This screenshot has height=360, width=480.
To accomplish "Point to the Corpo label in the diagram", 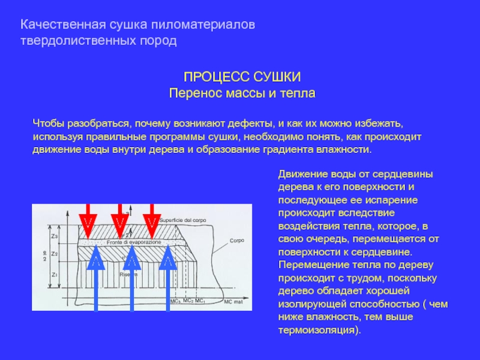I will [x=236, y=240].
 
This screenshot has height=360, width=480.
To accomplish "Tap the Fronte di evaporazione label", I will [x=134, y=241].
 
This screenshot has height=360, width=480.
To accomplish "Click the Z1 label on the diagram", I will [x=55, y=275].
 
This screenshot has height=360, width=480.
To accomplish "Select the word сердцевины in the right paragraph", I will [x=406, y=175].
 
